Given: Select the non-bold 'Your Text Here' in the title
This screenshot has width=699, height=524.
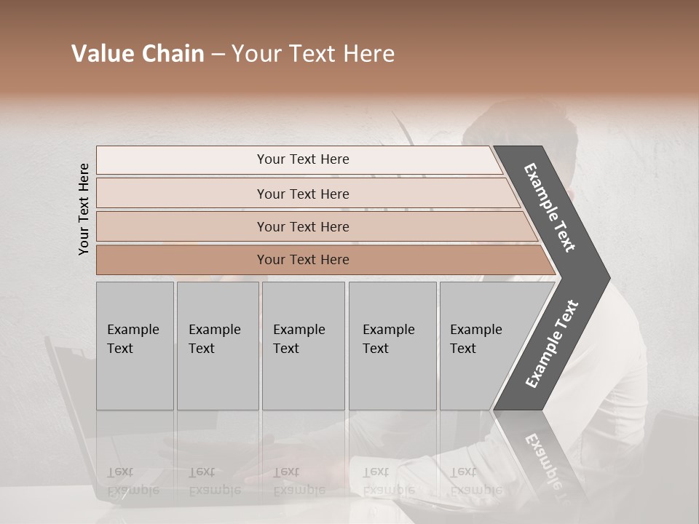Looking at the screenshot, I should point(313,54).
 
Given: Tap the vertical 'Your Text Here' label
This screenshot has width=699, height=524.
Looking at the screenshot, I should point(84,209).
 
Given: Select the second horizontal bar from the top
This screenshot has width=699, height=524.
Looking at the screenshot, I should point(302,194).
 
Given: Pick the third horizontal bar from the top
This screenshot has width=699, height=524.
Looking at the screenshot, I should point(302,226).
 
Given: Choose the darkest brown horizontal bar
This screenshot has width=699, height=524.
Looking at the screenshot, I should point(302,260).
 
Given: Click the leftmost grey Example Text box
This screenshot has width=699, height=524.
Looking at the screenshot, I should point(135,346).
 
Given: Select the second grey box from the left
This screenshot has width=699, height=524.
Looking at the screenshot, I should point(218,346).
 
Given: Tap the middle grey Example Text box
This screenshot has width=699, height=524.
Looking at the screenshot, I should point(303,346).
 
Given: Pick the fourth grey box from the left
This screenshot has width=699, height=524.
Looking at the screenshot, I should point(392,346).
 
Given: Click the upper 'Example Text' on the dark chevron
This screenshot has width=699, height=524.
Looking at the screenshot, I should point(549,207).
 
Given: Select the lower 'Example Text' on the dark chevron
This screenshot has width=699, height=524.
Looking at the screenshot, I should point(551,344).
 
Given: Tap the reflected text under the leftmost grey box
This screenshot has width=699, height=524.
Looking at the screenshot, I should point(133,481).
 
